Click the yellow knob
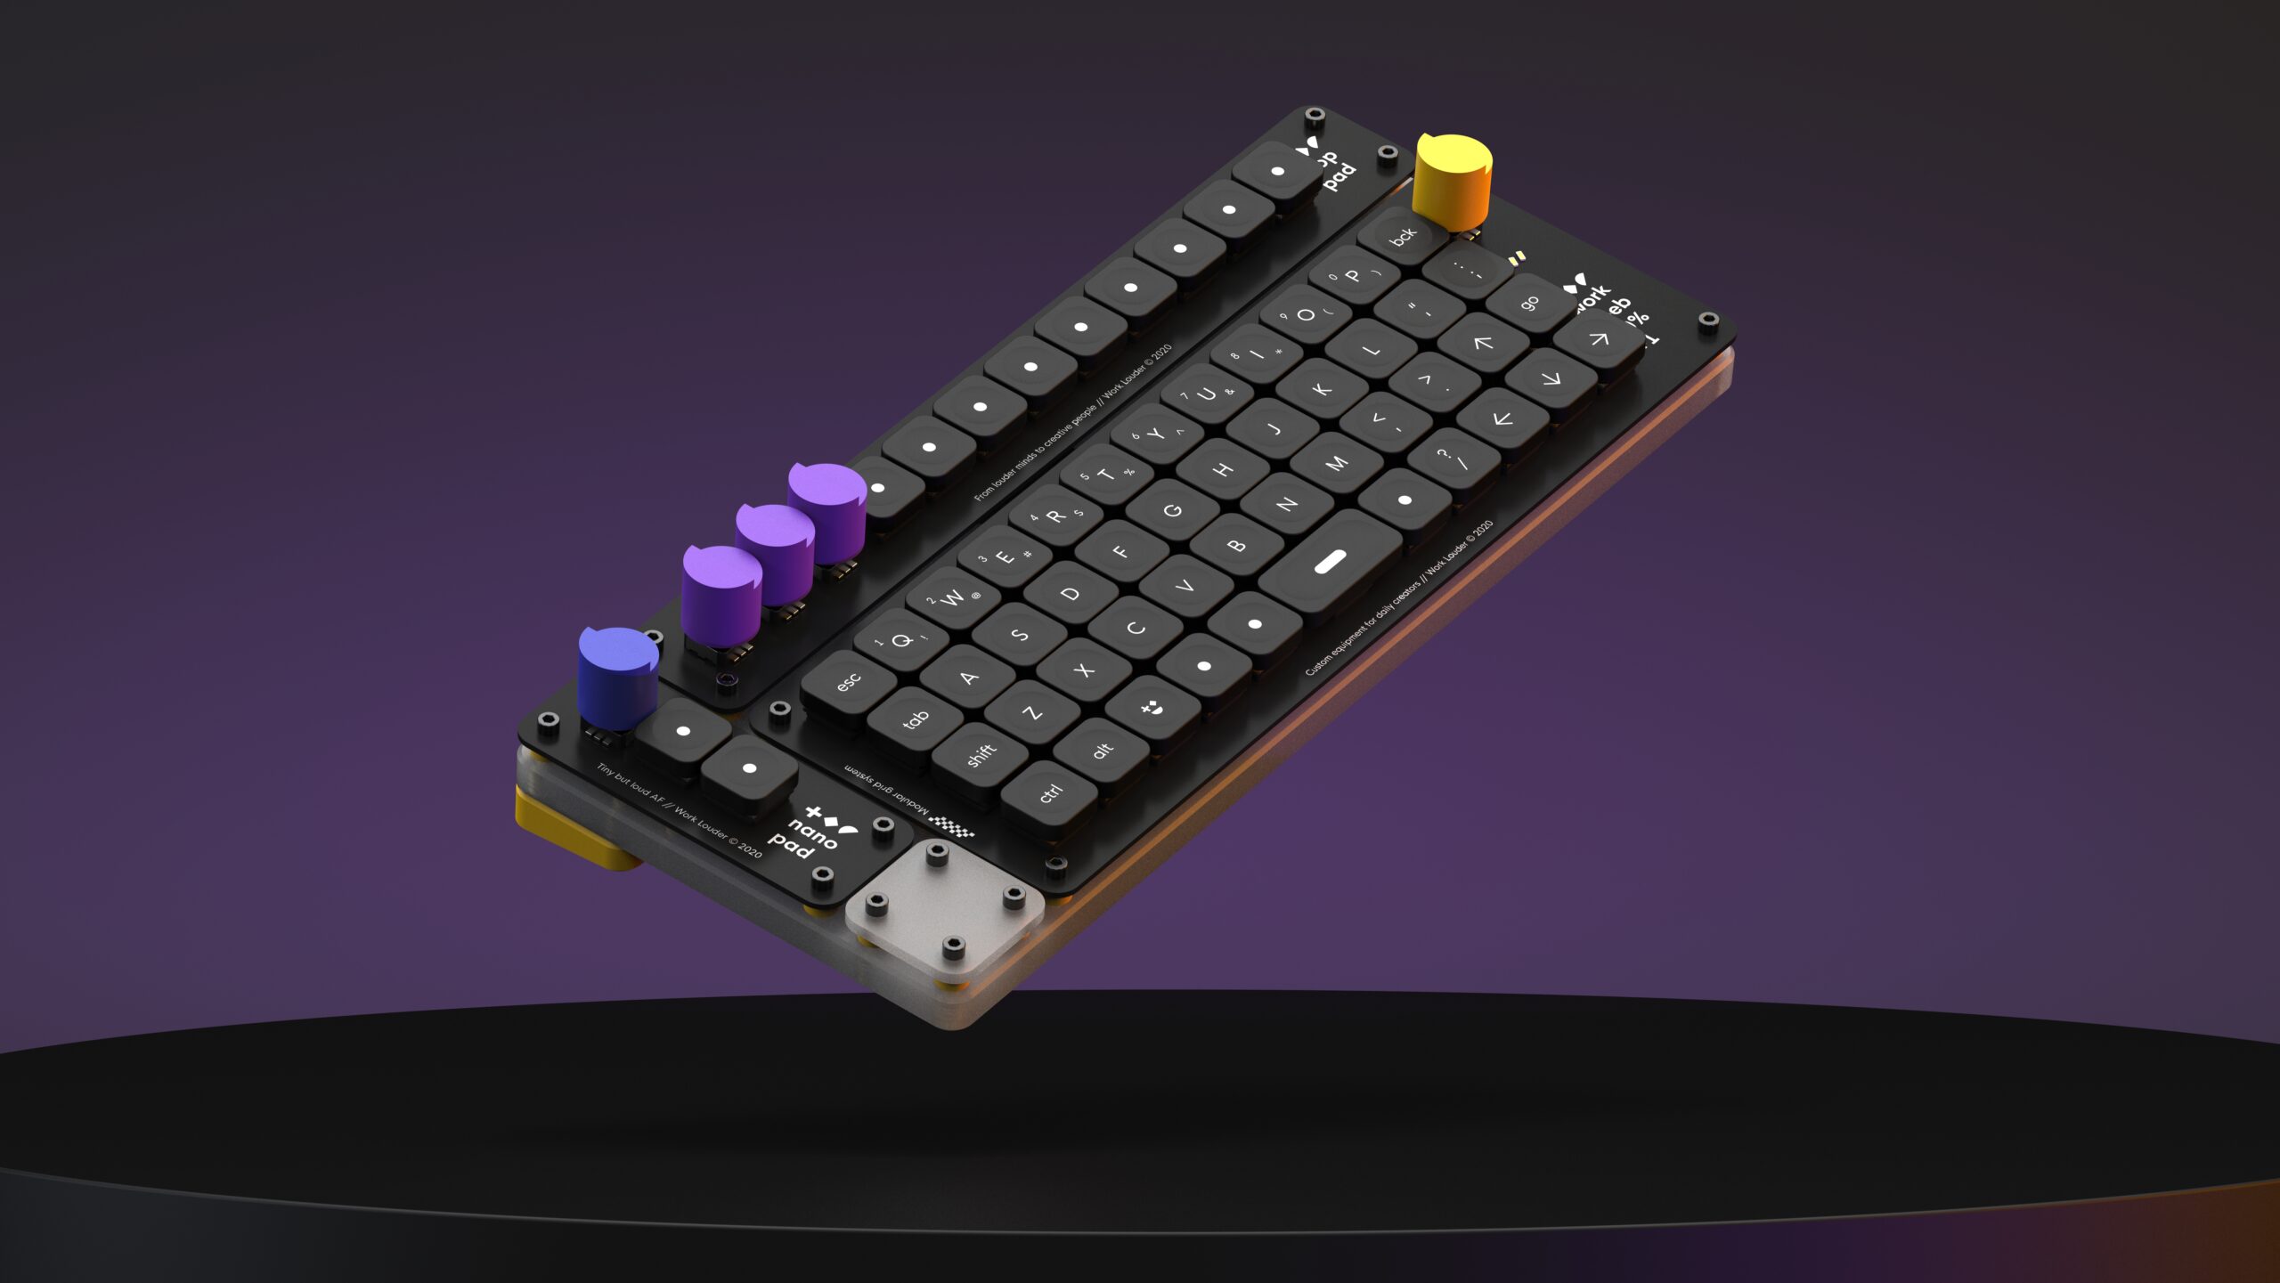(1453, 178)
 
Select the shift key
(981, 755)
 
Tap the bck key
(1402, 236)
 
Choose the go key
(1530, 304)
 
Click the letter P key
(1353, 275)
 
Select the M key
(1336, 463)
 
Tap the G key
(1173, 510)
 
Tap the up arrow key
(1482, 342)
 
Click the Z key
(1031, 713)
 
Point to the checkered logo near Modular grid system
(952, 824)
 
